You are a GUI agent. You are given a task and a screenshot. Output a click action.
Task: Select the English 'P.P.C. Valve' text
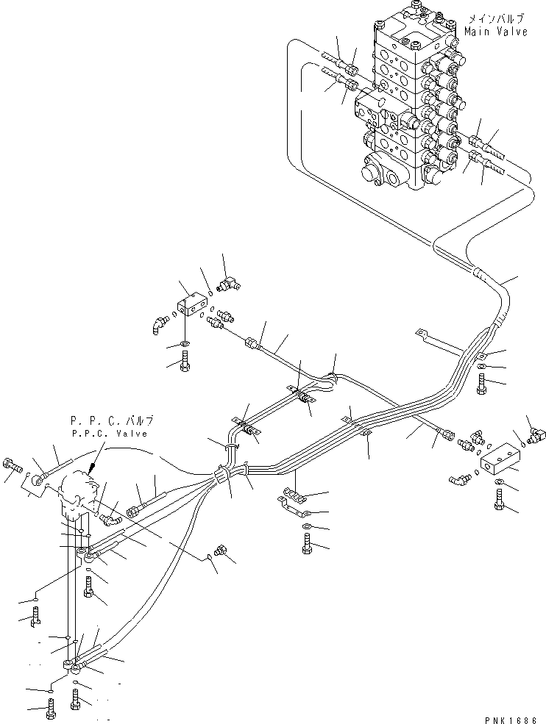tap(113, 434)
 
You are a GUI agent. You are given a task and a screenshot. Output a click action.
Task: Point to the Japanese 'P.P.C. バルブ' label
tap(113, 422)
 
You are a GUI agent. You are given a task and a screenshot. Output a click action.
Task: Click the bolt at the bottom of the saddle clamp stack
tap(307, 545)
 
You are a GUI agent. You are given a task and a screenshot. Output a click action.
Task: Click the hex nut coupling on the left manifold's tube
tap(253, 343)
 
